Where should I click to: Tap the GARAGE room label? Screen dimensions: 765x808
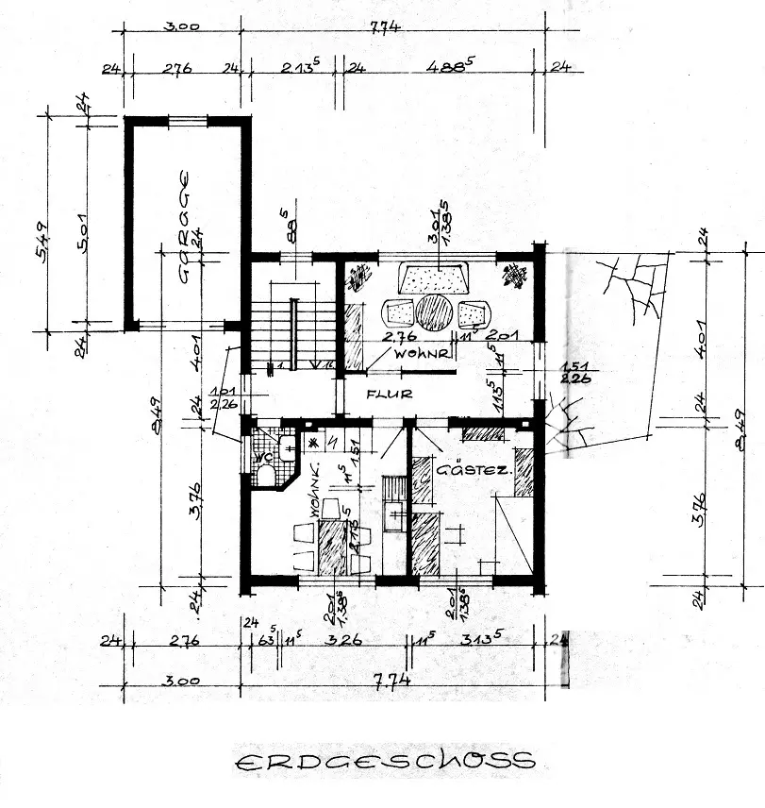185,227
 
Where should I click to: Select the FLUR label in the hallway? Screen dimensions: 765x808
390,394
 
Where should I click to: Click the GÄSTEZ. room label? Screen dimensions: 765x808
474,466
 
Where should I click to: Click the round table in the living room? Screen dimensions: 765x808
434,312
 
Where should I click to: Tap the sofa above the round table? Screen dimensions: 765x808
434,278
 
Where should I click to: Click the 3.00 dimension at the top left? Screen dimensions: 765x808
180,26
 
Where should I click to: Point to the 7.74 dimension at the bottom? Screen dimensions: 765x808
386,680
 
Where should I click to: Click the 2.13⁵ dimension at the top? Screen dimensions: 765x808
300,66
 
